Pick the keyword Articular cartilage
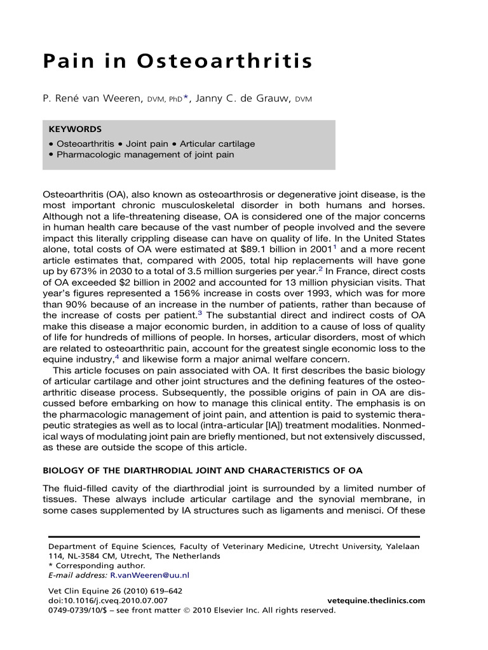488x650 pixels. [x=217, y=143]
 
